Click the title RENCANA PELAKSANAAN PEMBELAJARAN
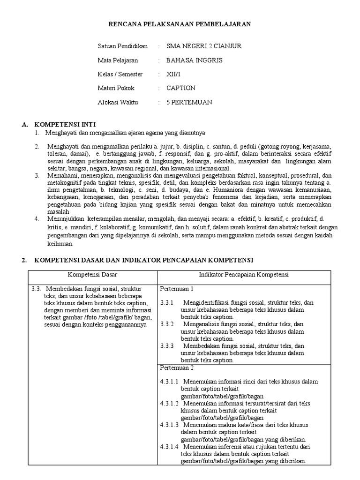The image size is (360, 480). pyautogui.click(x=180, y=24)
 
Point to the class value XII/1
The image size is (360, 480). pyautogui.click(x=173, y=74)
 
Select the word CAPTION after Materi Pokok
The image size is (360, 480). pyautogui.click(x=181, y=88)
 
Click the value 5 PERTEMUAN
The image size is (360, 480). pyautogui.click(x=189, y=102)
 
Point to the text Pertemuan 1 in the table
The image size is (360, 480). pyautogui.click(x=177, y=288)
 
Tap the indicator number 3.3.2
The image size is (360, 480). pyautogui.click(x=167, y=324)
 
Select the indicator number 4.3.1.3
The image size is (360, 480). pyautogui.click(x=169, y=425)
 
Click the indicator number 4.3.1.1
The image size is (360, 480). pyautogui.click(x=169, y=382)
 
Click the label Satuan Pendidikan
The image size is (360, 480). pyautogui.click(x=122, y=46)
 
